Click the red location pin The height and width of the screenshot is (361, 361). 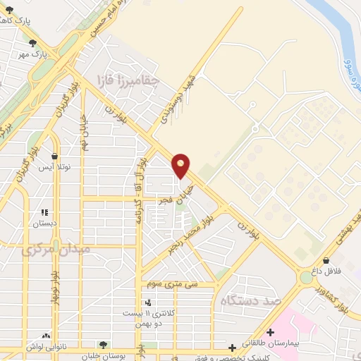coord(181,165)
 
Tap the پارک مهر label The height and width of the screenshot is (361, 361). coord(32,54)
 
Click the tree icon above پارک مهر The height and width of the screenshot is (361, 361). coord(32,44)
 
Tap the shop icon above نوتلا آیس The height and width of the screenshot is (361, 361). coord(55,157)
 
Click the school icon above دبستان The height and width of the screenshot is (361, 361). coord(44,212)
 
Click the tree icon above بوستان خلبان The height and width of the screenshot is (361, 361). coord(104,345)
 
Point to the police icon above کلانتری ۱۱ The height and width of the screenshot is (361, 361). coord(147,302)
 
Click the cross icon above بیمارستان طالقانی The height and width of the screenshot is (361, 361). coord(271,331)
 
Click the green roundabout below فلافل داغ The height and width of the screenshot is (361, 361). coord(307,278)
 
